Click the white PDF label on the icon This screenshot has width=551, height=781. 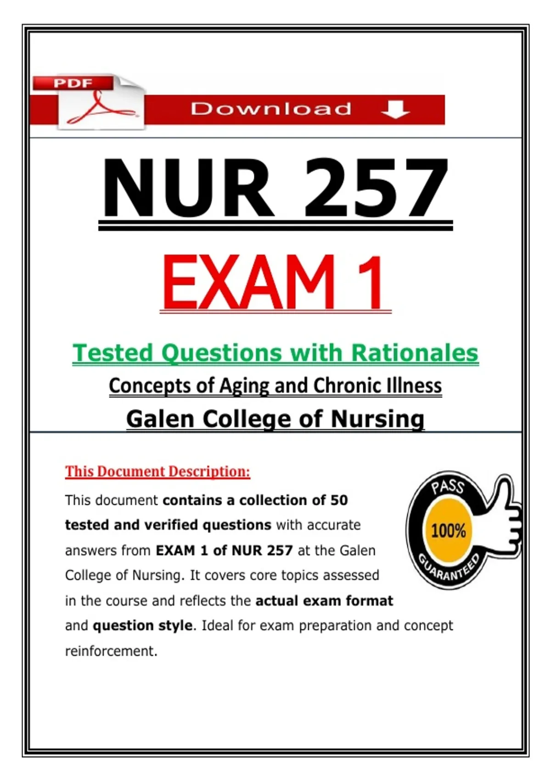[73, 83]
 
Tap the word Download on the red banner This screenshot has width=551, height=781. [271, 109]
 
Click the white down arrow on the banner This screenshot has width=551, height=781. [395, 109]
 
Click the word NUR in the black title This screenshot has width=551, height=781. [188, 188]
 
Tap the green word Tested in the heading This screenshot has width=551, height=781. [112, 353]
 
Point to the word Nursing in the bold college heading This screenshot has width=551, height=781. [377, 419]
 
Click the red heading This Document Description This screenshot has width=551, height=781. [157, 472]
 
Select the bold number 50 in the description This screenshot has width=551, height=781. [339, 500]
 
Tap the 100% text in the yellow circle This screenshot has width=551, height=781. [449, 531]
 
